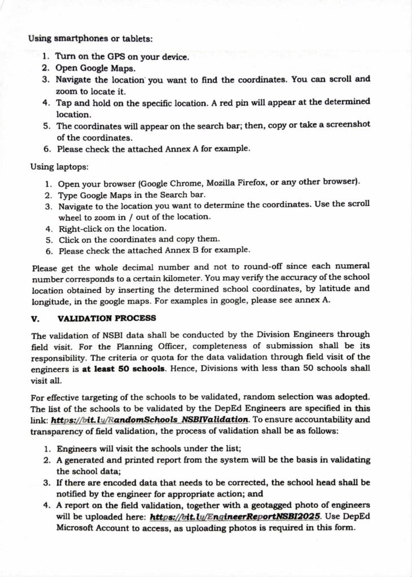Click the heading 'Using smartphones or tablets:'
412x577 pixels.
(x=90, y=39)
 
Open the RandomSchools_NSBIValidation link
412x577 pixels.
(x=150, y=419)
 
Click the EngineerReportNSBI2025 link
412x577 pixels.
(x=235, y=516)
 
